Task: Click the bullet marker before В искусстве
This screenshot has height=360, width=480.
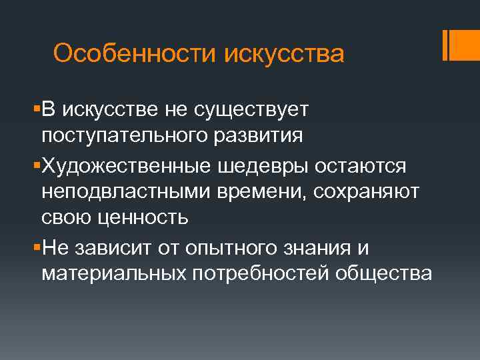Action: coord(36,109)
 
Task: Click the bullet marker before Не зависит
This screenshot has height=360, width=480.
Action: coord(36,247)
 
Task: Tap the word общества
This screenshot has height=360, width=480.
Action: coord(384,274)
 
